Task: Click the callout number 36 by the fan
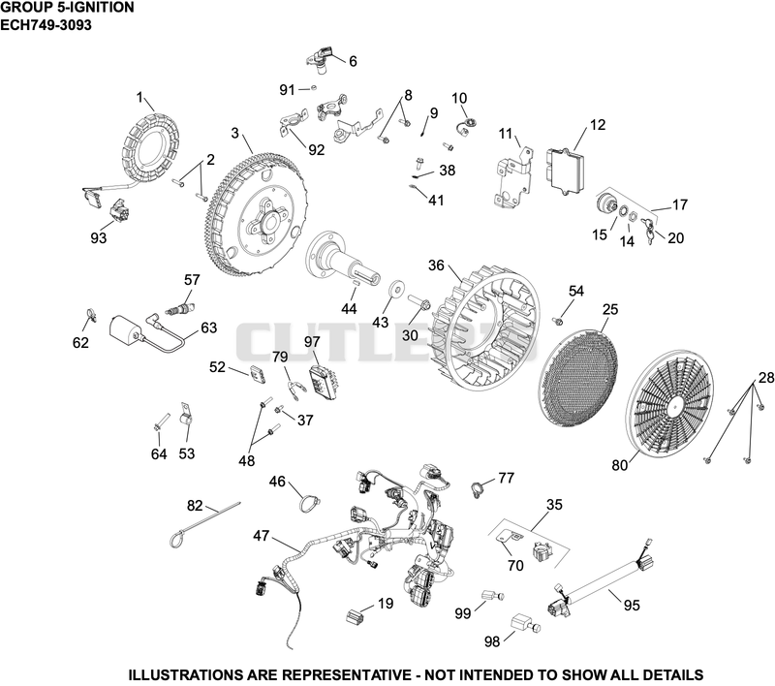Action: point(436,265)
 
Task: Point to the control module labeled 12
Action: point(566,167)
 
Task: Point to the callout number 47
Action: point(261,535)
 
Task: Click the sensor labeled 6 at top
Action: point(322,58)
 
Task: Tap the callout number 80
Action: point(619,465)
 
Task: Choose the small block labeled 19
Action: point(354,617)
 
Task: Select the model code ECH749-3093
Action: point(46,25)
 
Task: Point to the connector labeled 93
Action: point(119,211)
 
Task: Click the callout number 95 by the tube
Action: point(632,605)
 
